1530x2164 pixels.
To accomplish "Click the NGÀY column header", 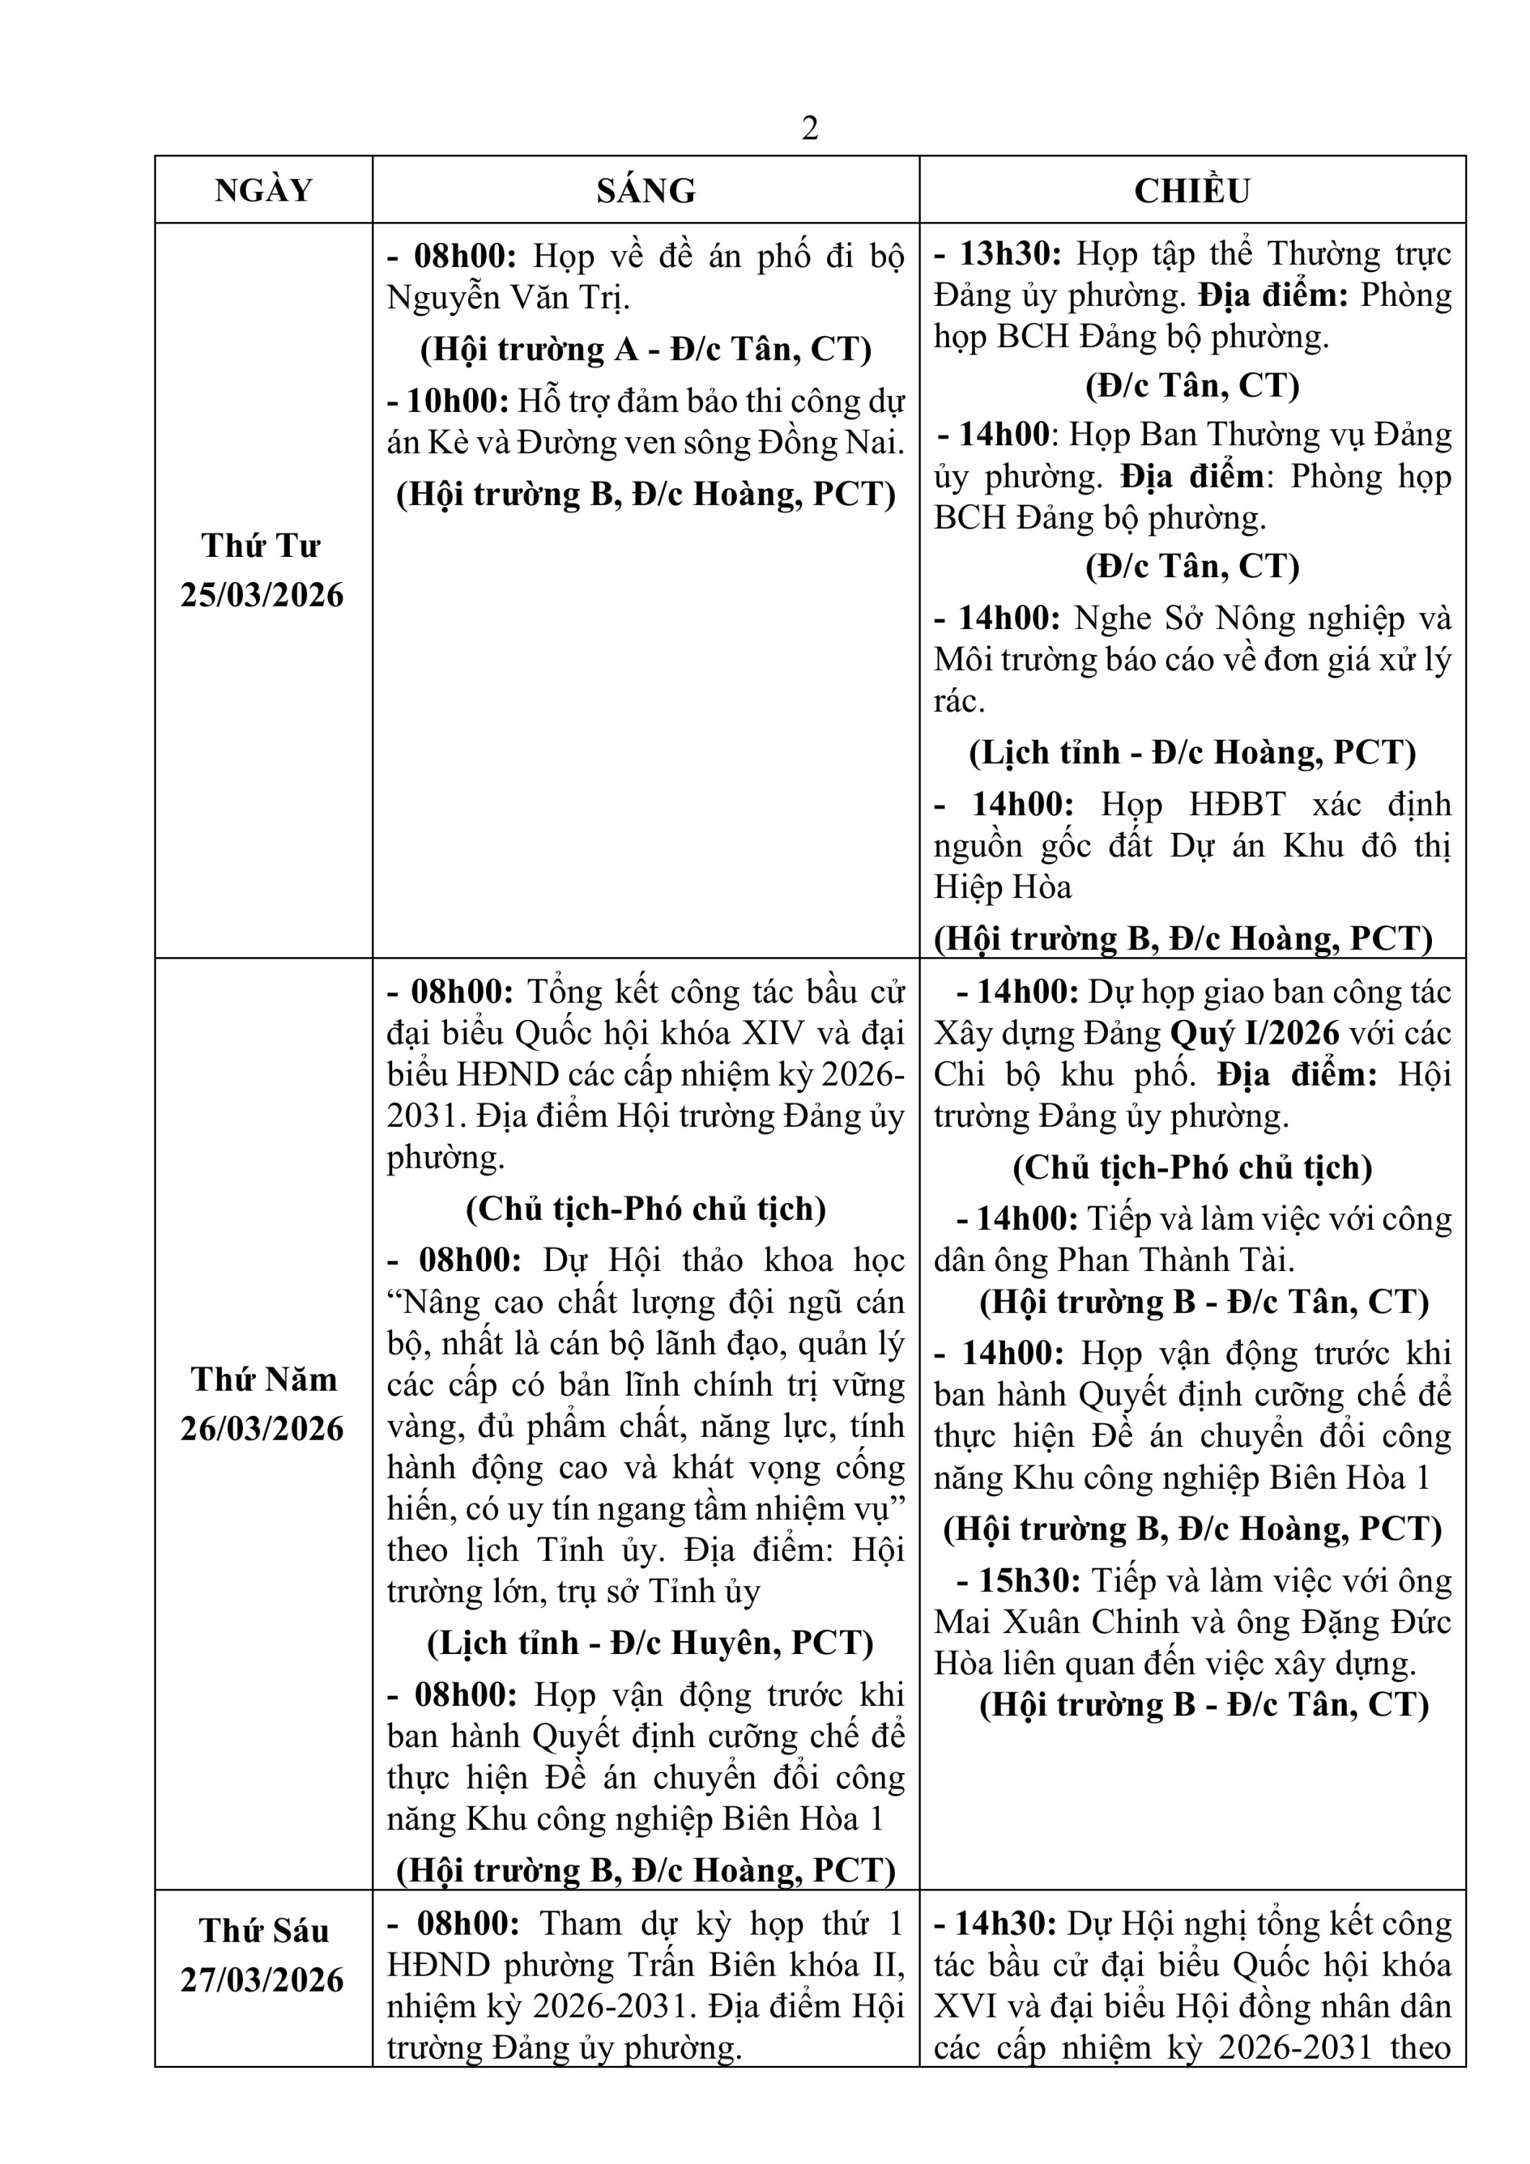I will click(264, 190).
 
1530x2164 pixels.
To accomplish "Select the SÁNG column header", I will click(646, 190).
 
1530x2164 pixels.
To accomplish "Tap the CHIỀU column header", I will click(1192, 190).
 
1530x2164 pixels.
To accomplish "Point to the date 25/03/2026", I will click(263, 596).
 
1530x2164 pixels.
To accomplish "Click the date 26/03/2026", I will click(263, 1429).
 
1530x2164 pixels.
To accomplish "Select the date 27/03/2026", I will click(263, 1979).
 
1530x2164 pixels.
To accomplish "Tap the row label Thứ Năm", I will click(264, 1379).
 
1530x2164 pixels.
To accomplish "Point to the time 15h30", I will click(1029, 1580).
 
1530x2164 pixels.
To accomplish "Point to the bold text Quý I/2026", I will click(1255, 1034).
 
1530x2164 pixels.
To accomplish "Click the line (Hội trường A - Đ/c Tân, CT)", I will click(646, 350).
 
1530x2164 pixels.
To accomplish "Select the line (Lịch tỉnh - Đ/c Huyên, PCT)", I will click(650, 1642).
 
